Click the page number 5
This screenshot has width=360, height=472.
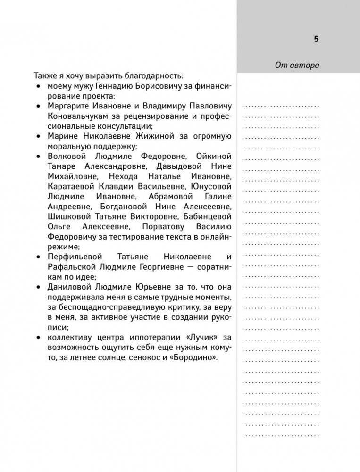pyautogui.click(x=316, y=39)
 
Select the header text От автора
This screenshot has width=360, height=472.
pyautogui.click(x=297, y=66)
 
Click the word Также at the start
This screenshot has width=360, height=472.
pyautogui.click(x=46, y=75)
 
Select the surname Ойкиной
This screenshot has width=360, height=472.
pyautogui.click(x=212, y=156)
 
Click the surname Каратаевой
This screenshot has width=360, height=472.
pyautogui.click(x=70, y=186)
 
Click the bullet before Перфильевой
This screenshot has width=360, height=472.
pyautogui.click(x=38, y=257)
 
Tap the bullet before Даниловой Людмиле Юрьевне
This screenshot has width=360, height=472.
pyautogui.click(x=38, y=287)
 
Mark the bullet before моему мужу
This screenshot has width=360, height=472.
pyautogui.click(x=38, y=86)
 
